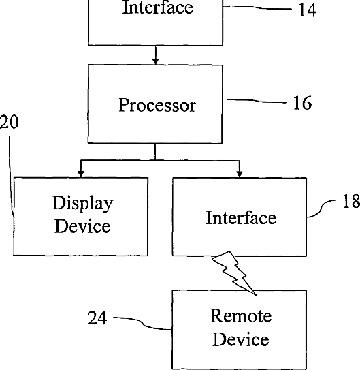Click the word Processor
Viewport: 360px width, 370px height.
coord(157,105)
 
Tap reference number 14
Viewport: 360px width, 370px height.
coord(307,10)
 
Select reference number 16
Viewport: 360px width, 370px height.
coord(302,103)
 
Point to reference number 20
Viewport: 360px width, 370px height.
coord(10,122)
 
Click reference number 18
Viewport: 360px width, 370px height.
coord(351,201)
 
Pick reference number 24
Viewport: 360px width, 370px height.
coord(97,318)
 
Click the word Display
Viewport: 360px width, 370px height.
coord(82,204)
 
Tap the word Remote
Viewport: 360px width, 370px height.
coord(240,315)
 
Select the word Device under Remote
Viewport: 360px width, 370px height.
coord(240,339)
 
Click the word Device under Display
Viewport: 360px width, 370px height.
coord(82,226)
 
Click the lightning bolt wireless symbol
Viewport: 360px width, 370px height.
coord(234,273)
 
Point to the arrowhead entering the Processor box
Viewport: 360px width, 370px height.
coord(155,61)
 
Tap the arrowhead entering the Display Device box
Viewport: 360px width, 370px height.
coord(80,174)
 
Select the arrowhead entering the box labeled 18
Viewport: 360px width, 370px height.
coord(240,174)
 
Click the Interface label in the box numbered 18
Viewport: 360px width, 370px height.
coord(241,217)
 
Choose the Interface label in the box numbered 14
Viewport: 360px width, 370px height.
coord(158,7)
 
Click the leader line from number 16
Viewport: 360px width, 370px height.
coord(257,101)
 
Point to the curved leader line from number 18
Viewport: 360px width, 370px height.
coord(321,209)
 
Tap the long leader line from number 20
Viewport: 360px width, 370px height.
coord(10,176)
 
